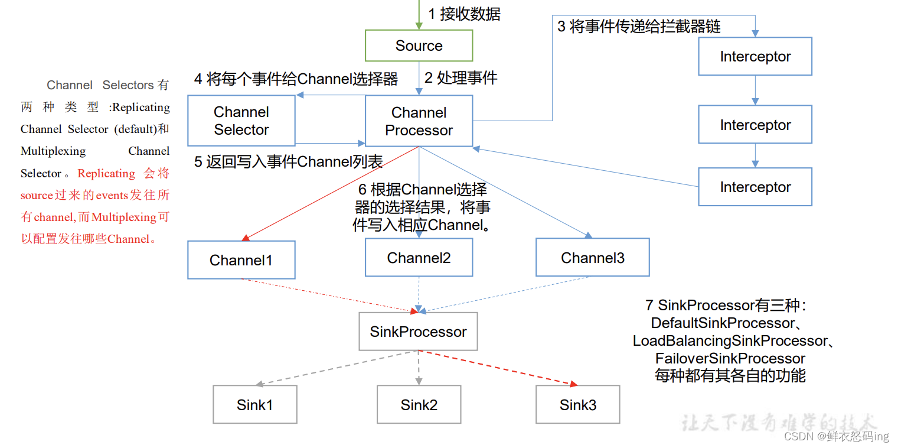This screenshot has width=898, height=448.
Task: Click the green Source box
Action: [x=419, y=46]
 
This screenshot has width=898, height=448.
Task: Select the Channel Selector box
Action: [x=241, y=121]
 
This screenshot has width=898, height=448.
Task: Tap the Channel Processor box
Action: [x=419, y=121]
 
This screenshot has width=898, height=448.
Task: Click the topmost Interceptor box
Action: [x=755, y=57]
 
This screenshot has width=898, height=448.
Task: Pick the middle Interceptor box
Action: [x=755, y=125]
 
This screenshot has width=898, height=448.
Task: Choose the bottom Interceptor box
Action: [x=755, y=187]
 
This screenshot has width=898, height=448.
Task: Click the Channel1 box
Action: [x=241, y=260]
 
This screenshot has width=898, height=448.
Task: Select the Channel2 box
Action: [x=419, y=258]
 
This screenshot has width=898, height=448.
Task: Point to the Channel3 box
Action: [x=592, y=258]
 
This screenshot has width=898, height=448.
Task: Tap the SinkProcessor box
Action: [x=418, y=332]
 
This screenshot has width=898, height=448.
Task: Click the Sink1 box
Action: [x=254, y=405]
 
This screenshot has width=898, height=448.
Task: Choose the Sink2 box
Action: [x=419, y=405]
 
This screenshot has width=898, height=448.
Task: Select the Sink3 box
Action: [x=577, y=405]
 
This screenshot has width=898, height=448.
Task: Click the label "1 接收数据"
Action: [x=464, y=14]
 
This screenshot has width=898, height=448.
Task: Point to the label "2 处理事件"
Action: [x=461, y=77]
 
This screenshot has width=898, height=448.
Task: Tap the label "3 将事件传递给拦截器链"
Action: [x=639, y=27]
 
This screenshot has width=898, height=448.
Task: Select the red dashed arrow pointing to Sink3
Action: [x=499, y=368]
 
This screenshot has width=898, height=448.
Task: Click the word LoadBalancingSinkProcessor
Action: [x=730, y=341]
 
